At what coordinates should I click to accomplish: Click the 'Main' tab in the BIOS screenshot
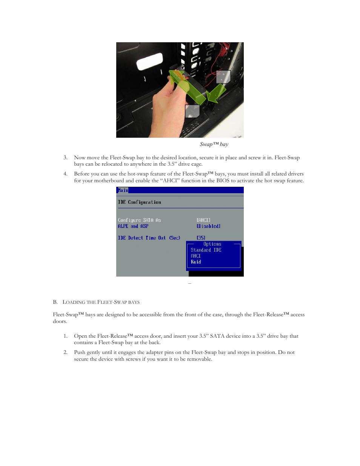(x=123, y=191)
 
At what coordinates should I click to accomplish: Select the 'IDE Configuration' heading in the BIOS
(x=139, y=202)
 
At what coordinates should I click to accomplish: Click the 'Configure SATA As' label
(x=139, y=220)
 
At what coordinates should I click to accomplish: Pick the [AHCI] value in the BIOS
(x=203, y=220)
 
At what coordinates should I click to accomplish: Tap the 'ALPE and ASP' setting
(x=133, y=226)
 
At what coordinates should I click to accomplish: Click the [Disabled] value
(x=208, y=226)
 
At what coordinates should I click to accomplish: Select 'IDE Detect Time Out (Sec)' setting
(x=149, y=238)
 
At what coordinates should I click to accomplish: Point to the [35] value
(x=201, y=238)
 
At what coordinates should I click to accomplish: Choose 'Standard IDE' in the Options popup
(x=206, y=250)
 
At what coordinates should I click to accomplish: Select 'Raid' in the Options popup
(x=196, y=262)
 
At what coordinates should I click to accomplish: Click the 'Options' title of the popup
(x=212, y=244)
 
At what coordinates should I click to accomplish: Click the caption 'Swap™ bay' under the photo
(x=214, y=145)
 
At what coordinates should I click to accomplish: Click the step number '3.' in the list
(x=65, y=158)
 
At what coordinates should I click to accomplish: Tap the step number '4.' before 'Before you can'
(x=65, y=174)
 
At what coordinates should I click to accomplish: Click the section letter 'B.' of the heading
(x=55, y=302)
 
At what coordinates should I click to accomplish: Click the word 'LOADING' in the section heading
(x=74, y=302)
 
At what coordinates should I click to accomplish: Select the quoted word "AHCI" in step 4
(x=170, y=181)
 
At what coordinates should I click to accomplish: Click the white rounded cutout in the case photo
(x=149, y=62)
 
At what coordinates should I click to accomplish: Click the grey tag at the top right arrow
(x=223, y=77)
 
